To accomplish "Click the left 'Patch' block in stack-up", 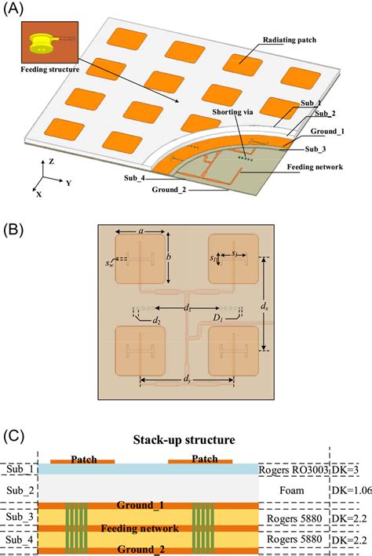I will (82, 459).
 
